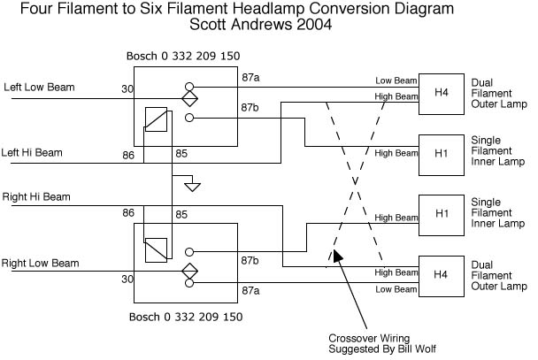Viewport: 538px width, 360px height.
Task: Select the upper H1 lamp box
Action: (x=441, y=153)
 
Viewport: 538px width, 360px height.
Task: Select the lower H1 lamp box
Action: (x=441, y=215)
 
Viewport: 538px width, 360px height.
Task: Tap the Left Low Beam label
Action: (x=39, y=88)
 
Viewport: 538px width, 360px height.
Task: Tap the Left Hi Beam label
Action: (x=33, y=152)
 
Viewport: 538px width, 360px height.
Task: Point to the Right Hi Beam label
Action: (x=36, y=196)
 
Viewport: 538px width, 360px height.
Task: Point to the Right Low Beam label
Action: (x=41, y=263)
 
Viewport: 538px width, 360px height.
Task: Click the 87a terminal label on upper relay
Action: (x=250, y=79)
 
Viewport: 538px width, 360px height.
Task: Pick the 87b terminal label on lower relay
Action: (x=250, y=262)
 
